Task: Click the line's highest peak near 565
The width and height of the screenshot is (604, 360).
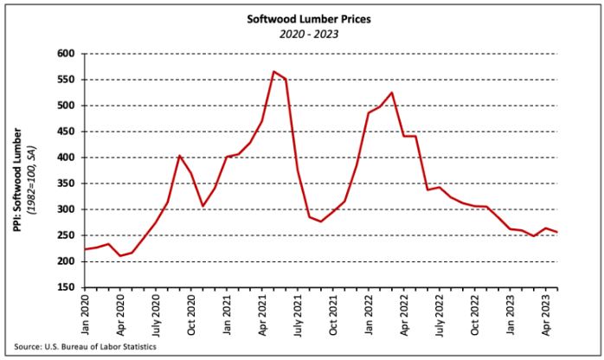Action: [273, 72]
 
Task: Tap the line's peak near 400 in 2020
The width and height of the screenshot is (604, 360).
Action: [179, 156]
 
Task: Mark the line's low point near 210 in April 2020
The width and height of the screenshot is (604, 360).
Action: [120, 255]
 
